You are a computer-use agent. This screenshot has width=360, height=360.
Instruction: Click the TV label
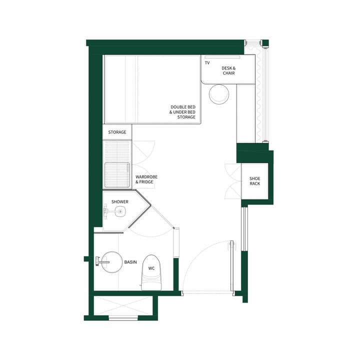tap(207, 63)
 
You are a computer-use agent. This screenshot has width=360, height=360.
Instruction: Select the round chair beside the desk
tap(218, 94)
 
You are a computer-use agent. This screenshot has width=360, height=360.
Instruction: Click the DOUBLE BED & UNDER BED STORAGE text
tap(182, 112)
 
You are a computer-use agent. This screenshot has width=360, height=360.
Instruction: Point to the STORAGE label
tap(117, 132)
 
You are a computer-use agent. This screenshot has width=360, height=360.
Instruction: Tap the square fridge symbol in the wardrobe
tap(116, 174)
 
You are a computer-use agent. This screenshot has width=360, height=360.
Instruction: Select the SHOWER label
tap(120, 202)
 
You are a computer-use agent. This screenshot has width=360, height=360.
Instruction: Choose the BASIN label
tap(130, 262)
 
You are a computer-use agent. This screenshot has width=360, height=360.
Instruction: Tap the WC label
tap(151, 268)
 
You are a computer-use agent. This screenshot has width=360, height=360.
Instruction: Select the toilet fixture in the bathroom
tap(151, 272)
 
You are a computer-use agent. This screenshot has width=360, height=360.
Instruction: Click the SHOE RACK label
tap(255, 181)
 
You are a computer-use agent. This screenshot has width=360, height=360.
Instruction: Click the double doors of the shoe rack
tap(232, 181)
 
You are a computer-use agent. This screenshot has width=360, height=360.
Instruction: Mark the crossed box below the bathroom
tap(123, 305)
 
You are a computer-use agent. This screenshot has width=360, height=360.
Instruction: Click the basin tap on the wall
tap(101, 260)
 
